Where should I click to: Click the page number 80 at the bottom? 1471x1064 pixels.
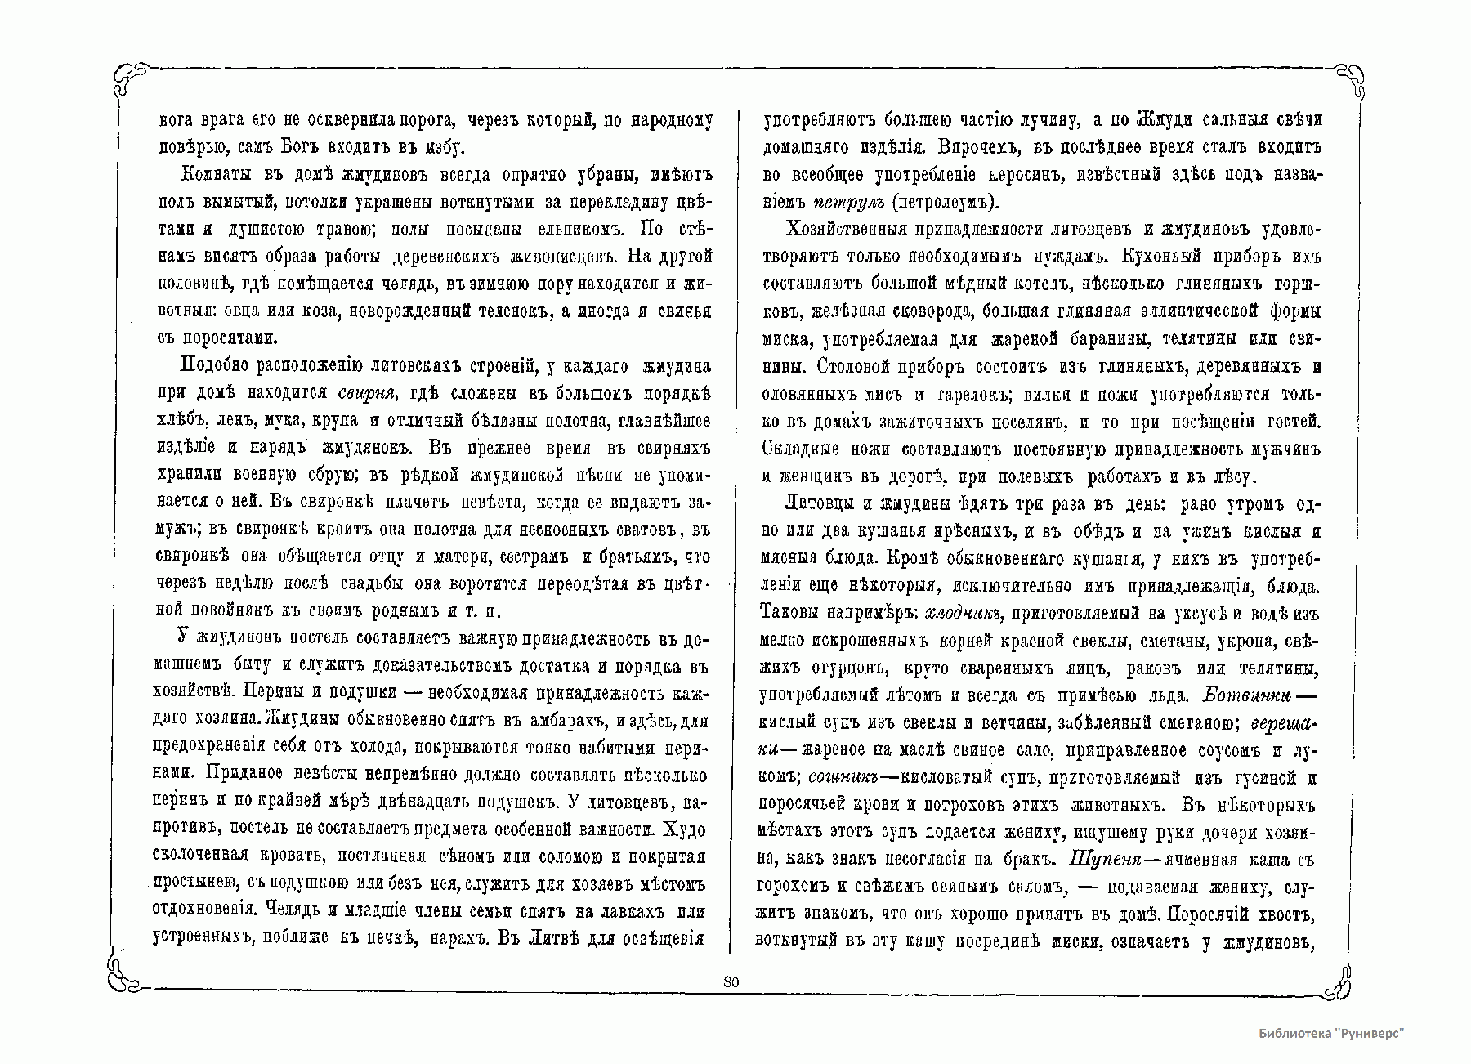(x=731, y=982)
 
